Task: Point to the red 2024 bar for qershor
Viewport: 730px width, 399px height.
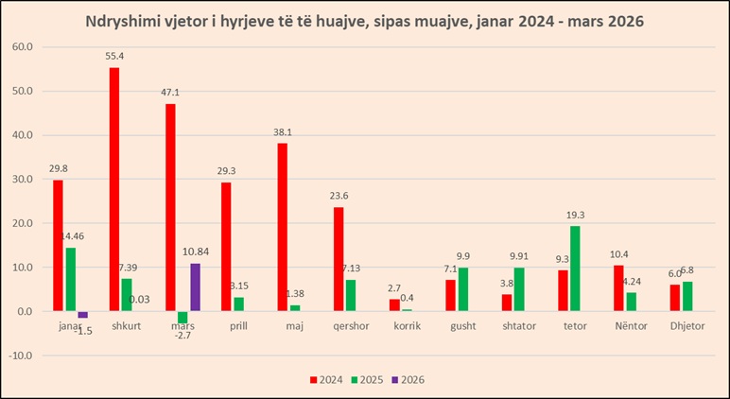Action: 338,259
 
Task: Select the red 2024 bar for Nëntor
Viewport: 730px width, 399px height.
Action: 618,288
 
